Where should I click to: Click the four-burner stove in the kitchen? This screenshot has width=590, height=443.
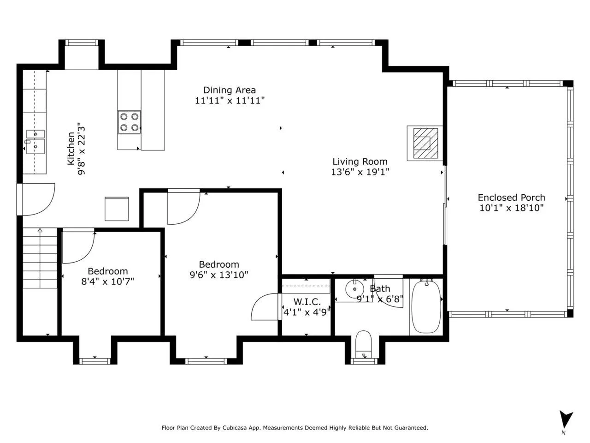coord(129,122)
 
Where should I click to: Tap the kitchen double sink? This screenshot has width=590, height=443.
coord(35,142)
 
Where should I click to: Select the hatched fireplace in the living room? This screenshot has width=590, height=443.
coord(425,143)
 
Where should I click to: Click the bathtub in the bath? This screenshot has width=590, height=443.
coord(426,306)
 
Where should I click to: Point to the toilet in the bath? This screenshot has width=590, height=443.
coord(363,345)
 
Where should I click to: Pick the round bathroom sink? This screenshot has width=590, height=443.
coord(354,289)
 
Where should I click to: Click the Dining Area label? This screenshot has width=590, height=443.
coord(230,90)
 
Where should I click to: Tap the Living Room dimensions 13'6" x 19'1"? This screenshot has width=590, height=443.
coord(360,172)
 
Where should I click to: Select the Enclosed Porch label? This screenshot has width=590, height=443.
coord(512,198)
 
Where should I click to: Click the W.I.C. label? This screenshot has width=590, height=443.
coord(307,301)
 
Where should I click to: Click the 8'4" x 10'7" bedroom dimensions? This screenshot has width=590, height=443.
coord(108,281)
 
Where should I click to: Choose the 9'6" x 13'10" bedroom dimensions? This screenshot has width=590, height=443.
coord(219,275)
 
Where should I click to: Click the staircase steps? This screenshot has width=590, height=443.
coord(40,258)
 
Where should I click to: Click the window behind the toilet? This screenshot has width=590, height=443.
coord(365,361)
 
